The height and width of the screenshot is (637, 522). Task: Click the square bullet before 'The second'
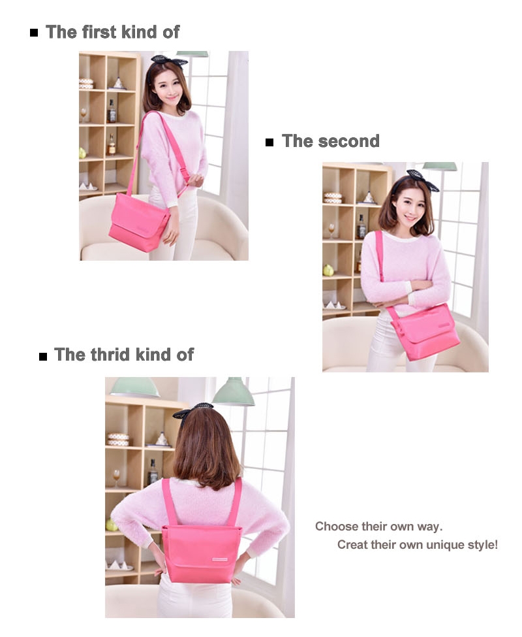coord(269,142)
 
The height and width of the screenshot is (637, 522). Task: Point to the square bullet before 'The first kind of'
coord(34,33)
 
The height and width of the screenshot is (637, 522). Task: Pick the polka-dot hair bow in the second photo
coord(423,180)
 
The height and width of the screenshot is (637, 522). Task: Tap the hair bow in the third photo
coord(193,410)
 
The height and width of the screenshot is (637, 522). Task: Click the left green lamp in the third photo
coord(134,387)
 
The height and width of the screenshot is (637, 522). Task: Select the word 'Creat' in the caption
coord(352,545)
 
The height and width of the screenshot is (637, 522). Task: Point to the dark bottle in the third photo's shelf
coord(153,471)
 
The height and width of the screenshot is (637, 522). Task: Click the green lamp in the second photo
coord(440,167)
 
